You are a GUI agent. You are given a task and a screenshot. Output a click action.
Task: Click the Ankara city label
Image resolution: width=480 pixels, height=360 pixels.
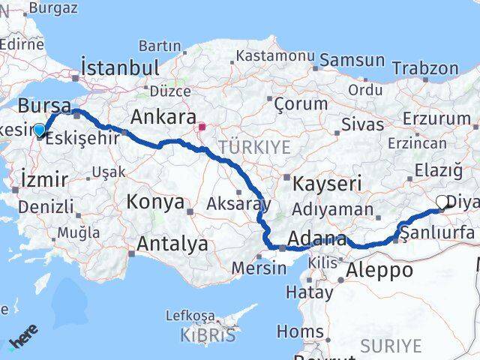163,118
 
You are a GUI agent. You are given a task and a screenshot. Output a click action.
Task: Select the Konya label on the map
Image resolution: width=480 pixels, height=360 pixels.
155,202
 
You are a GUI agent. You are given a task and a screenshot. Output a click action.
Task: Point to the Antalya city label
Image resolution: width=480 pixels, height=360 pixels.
172,244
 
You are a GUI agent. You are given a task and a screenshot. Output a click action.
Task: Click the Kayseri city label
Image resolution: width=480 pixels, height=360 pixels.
328,183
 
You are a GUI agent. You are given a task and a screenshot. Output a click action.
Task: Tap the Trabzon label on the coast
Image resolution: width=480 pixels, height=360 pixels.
425,67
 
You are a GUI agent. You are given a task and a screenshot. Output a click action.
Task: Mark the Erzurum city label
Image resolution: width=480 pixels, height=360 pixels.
436,118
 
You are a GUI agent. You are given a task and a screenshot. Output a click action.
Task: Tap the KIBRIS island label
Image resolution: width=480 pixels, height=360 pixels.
208,334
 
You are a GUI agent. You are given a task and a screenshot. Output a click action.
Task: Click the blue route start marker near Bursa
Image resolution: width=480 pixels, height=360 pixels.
39,130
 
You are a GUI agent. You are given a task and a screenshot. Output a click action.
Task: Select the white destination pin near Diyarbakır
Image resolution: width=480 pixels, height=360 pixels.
442,202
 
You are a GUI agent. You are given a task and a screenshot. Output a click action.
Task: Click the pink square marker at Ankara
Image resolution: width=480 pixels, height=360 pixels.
202,127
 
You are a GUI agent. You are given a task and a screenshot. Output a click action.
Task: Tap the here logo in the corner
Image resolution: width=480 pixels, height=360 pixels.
24,341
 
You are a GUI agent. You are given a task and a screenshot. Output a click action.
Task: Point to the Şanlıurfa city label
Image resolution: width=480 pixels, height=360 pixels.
438,233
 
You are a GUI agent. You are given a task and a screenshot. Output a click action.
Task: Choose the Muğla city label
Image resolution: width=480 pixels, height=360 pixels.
78,232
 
